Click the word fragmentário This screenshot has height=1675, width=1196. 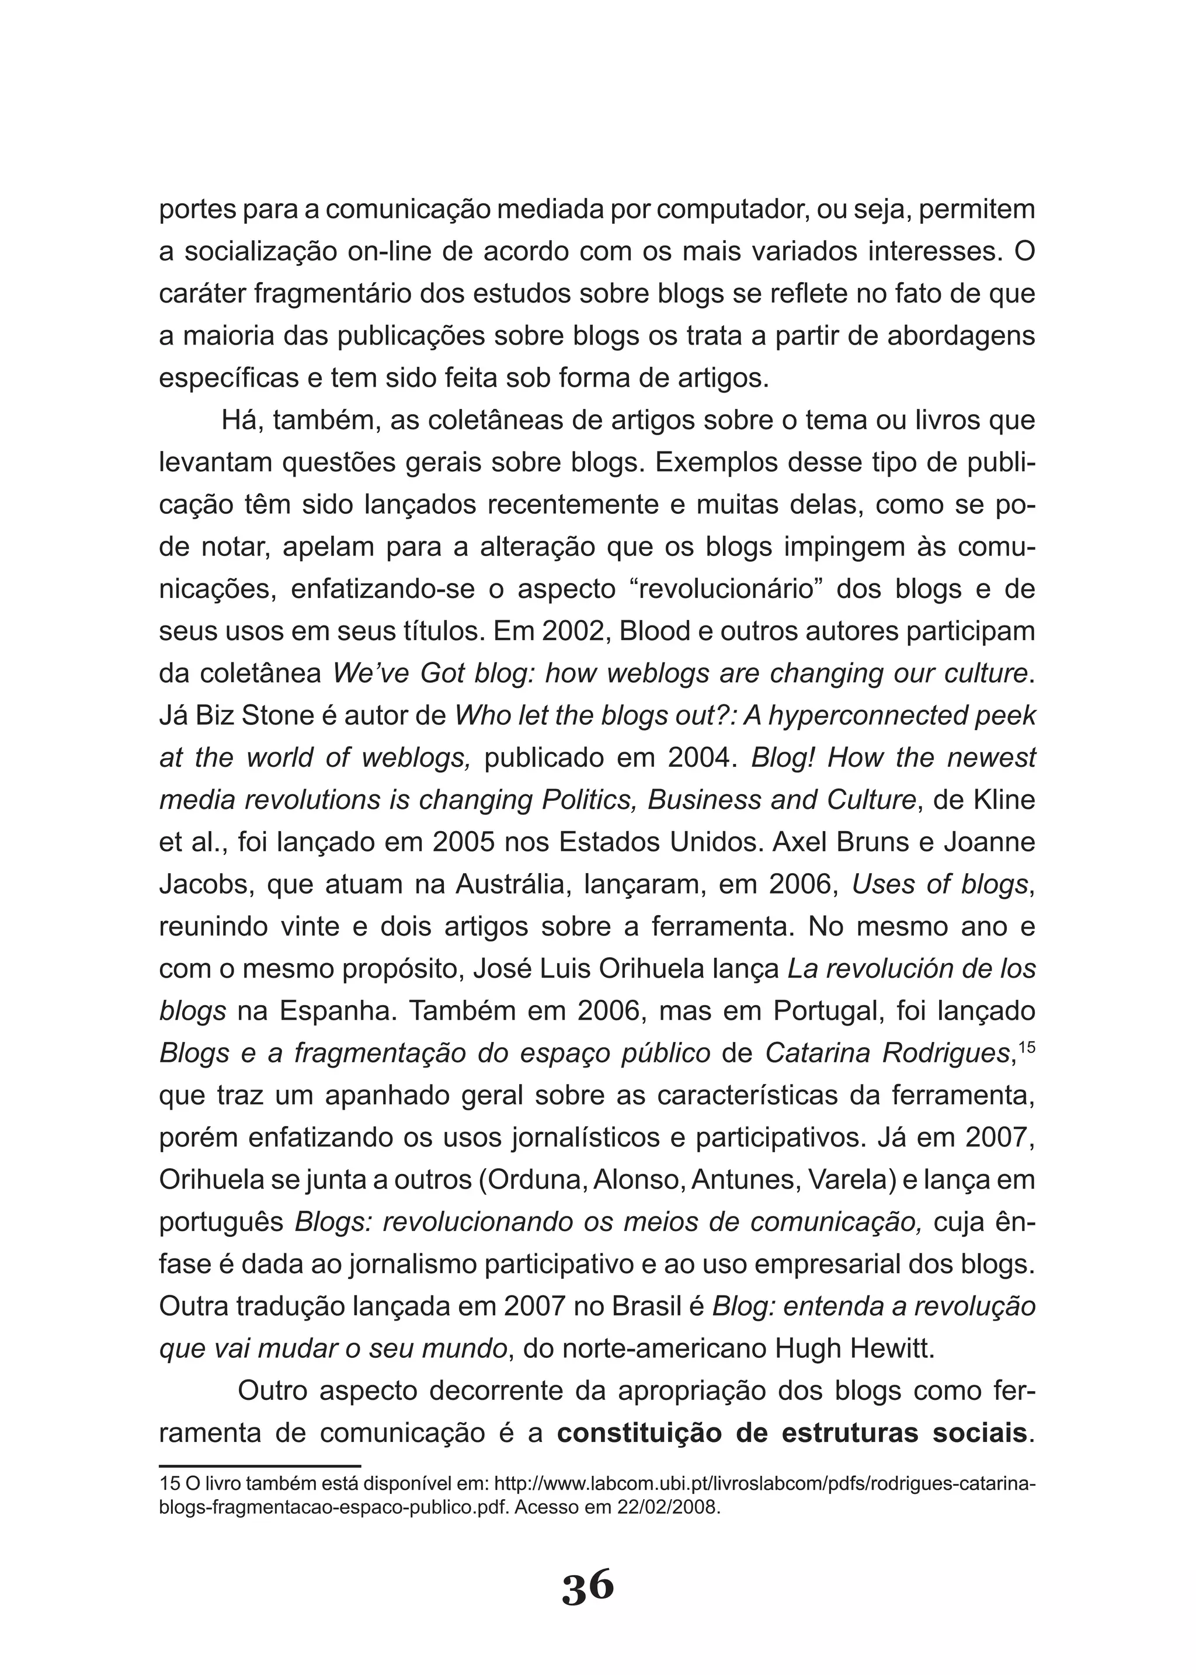[x=333, y=294]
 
